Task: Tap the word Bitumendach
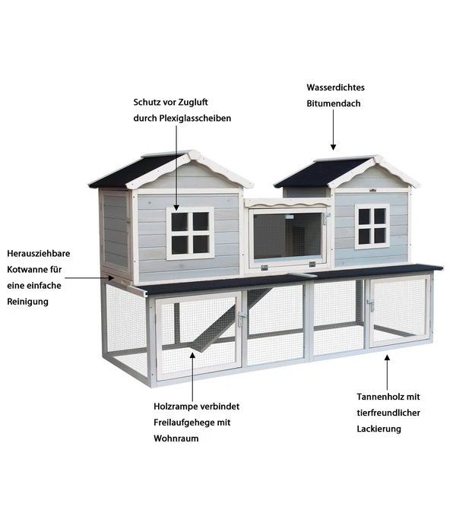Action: pos(334,103)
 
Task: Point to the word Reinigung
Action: pos(28,302)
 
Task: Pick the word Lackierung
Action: pos(378,429)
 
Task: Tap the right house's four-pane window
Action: pos(372,226)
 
